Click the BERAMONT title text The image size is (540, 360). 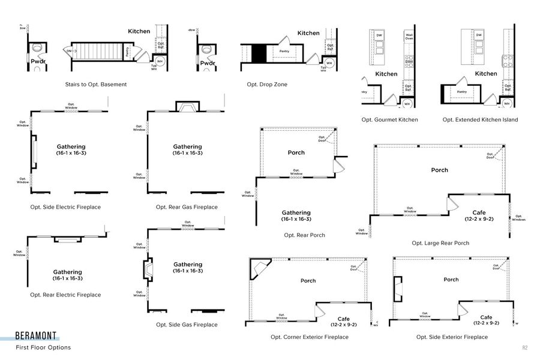tap(37, 337)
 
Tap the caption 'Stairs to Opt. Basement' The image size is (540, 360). tap(96, 85)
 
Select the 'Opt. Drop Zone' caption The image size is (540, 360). tap(267, 85)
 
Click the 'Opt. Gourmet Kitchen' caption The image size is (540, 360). tap(389, 120)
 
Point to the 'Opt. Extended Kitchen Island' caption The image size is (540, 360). tap(480, 120)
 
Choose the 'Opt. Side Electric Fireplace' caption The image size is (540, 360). tap(65, 207)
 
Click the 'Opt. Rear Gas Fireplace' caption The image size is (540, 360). tap(187, 207)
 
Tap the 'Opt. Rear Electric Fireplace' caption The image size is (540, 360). tap(65, 295)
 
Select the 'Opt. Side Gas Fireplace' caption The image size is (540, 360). tap(187, 325)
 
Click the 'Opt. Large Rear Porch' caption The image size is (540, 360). tap(440, 243)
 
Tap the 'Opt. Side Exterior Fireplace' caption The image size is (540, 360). tap(452, 337)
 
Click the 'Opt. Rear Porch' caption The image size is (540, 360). tap(304, 235)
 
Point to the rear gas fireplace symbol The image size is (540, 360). tap(187, 107)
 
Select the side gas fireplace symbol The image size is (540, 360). tap(148, 271)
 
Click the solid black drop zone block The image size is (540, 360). tap(258, 53)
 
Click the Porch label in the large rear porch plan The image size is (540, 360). tap(439, 170)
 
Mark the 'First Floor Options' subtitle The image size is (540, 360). tap(43, 347)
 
